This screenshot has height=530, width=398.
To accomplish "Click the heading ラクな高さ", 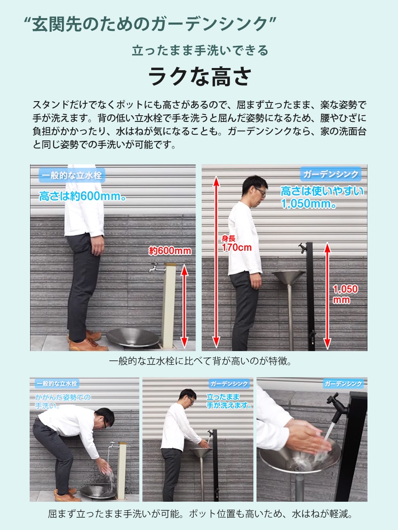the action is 200,76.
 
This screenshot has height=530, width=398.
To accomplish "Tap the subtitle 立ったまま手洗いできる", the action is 200,50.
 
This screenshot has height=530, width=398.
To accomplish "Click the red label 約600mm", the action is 170,251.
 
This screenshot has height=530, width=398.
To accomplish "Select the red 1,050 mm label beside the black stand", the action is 345,294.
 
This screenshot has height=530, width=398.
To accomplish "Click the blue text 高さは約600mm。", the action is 82,196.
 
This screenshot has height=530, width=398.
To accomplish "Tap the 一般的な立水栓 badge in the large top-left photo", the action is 72,175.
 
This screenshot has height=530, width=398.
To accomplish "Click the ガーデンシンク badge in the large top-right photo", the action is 331,174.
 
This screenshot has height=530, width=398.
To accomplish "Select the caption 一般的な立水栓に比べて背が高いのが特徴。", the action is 200,361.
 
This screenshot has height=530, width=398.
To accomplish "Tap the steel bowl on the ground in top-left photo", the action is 133,337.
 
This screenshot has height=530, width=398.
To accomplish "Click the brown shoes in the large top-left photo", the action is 87,340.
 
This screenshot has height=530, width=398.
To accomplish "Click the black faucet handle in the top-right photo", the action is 302,248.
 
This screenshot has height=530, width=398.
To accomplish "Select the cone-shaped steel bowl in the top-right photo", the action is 288,277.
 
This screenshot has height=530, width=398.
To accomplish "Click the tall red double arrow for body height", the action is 216,262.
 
